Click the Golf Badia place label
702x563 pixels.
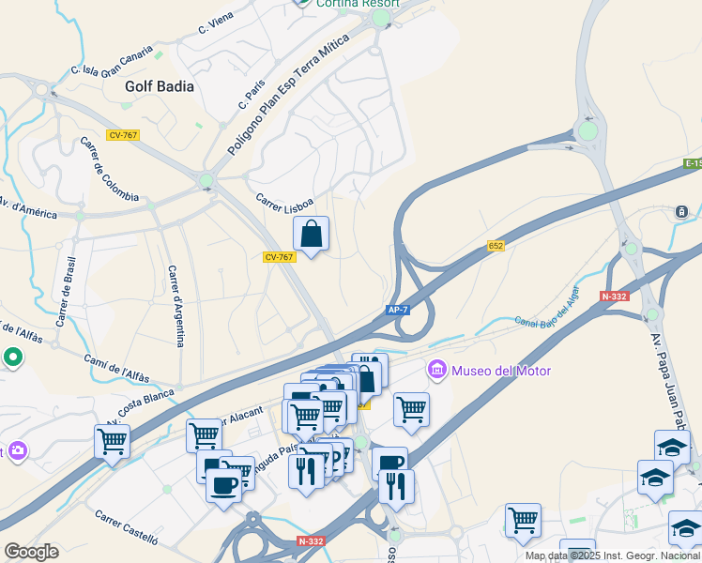[x=160, y=86]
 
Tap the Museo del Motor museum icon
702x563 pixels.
[x=437, y=371]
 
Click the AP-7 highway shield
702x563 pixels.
[x=397, y=310]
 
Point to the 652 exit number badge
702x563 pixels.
[x=496, y=246]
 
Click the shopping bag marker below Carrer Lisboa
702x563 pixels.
[x=312, y=234]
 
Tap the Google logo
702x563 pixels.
[x=31, y=552]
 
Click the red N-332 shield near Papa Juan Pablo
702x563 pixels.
[x=615, y=297]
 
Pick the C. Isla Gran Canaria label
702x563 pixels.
[x=112, y=59]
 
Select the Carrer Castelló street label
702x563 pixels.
[x=127, y=527]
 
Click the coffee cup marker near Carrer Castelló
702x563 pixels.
[x=224, y=486]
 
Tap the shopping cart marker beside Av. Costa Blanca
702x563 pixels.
[x=113, y=441]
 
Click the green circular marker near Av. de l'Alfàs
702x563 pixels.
[x=13, y=357]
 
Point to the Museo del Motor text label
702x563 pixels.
[x=501, y=371]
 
